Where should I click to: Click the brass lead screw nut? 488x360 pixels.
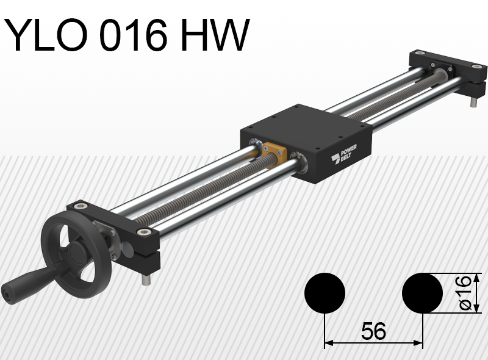coord(274,153)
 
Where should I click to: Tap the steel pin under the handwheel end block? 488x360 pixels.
coord(146,279)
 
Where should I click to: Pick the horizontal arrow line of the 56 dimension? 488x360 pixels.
coord(373,344)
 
